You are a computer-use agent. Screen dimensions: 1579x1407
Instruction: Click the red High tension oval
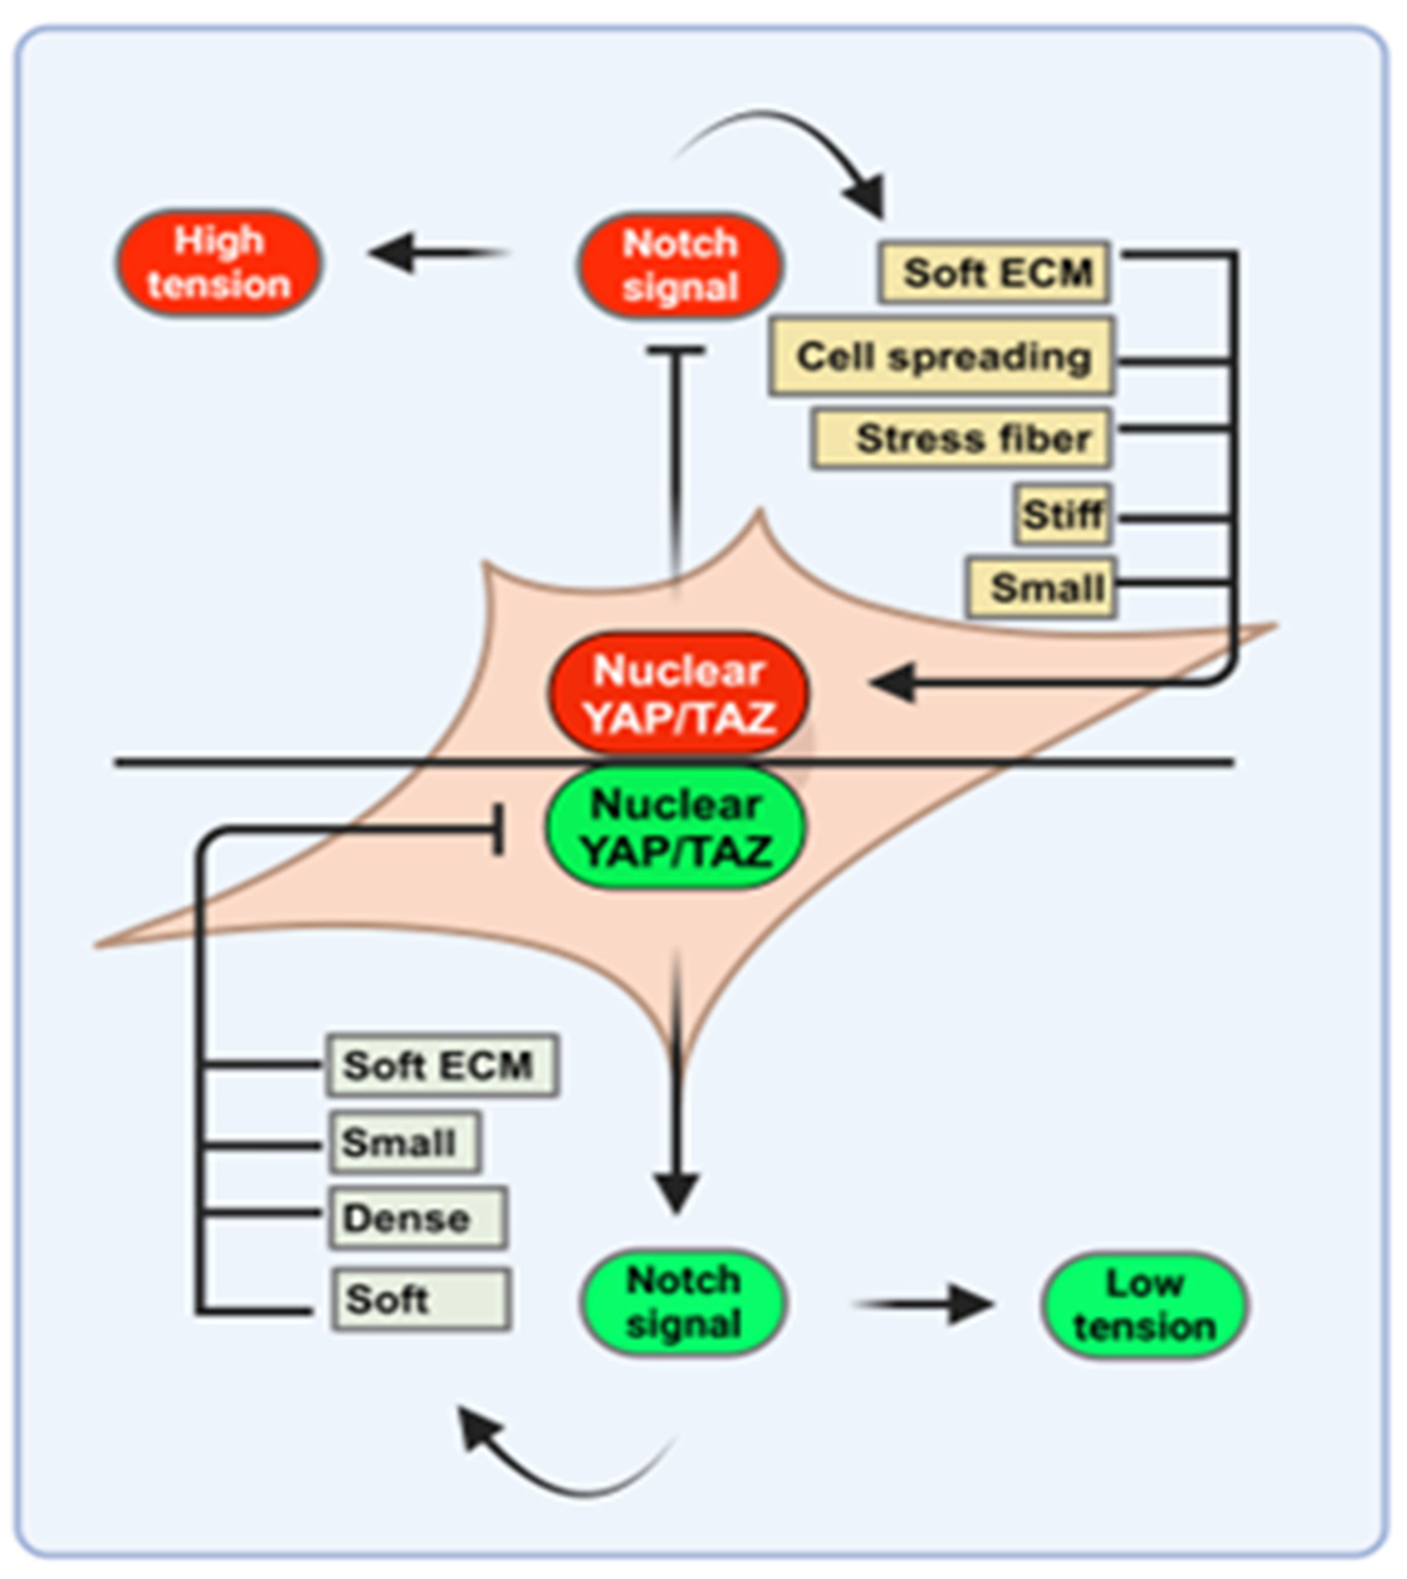[219, 263]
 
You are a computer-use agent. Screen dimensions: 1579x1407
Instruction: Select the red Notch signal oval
[680, 266]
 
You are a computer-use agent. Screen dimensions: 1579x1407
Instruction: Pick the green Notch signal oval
[683, 1302]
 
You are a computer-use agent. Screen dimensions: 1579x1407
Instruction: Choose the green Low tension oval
[1144, 1305]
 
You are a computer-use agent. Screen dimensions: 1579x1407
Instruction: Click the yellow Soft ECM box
[995, 272]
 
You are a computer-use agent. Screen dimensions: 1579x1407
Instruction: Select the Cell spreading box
[942, 357]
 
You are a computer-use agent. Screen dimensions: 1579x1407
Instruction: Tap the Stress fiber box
[961, 439]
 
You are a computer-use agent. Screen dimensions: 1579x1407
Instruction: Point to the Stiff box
[1063, 515]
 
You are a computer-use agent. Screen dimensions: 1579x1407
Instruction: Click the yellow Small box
[1041, 588]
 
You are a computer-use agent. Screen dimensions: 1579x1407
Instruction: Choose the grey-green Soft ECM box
[442, 1065]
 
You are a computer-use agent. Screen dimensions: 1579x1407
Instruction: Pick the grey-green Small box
[405, 1142]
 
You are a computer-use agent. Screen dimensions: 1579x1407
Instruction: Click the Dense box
[418, 1219]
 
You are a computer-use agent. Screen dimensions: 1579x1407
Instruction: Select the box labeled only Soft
[421, 1299]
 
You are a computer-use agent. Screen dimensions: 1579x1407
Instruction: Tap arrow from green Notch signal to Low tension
[924, 1305]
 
